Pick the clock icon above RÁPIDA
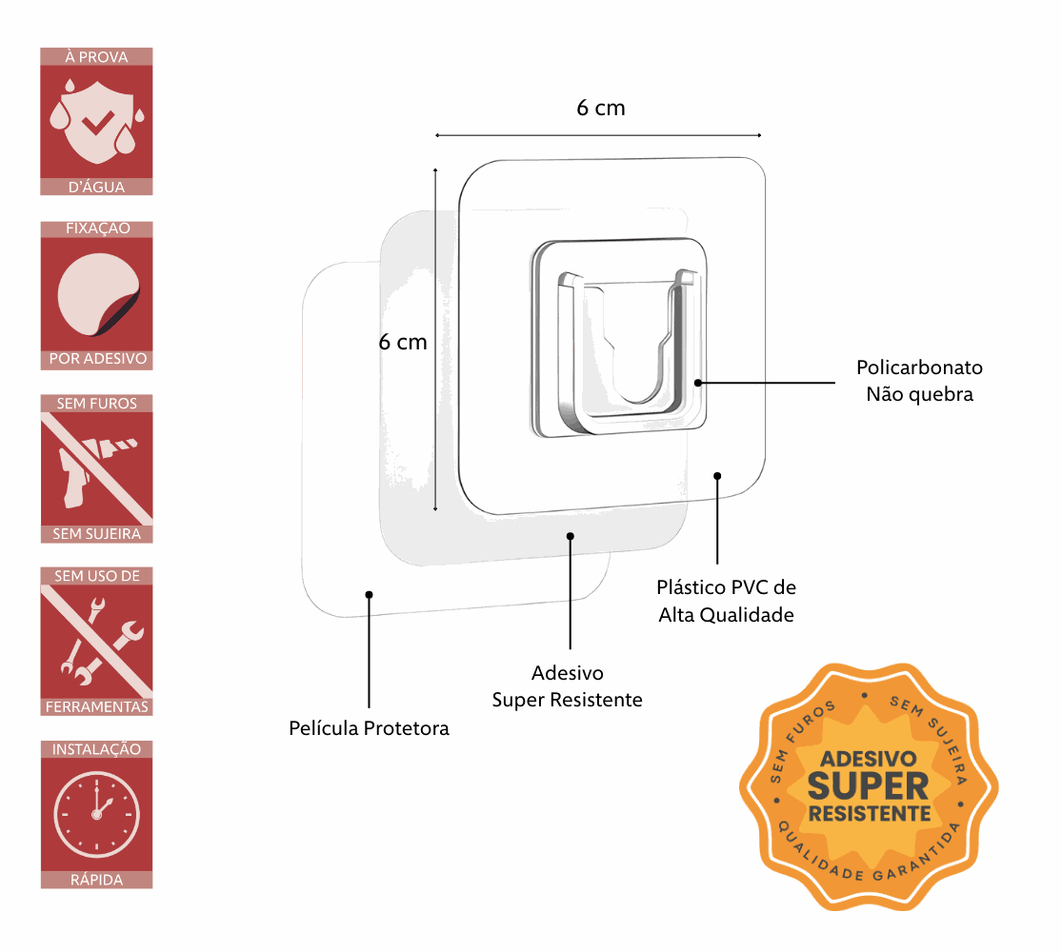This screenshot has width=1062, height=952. click(96, 814)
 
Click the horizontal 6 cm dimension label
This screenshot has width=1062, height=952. click(601, 108)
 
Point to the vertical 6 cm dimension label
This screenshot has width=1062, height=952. click(403, 342)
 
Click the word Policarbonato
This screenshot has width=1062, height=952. click(919, 367)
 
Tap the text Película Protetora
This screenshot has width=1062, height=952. click(369, 729)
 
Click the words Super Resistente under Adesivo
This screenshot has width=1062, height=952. click(567, 701)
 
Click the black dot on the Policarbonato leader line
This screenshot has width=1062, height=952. click(698, 383)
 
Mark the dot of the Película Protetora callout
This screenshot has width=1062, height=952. click(369, 594)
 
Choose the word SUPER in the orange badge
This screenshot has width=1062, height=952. click(868, 786)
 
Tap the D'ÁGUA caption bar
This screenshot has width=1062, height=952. click(96, 188)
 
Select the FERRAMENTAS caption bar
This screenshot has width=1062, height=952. click(96, 707)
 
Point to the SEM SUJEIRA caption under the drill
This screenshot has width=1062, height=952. click(96, 534)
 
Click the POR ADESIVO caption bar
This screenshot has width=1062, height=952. click(96, 360)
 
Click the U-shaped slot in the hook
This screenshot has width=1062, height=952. click(635, 362)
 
